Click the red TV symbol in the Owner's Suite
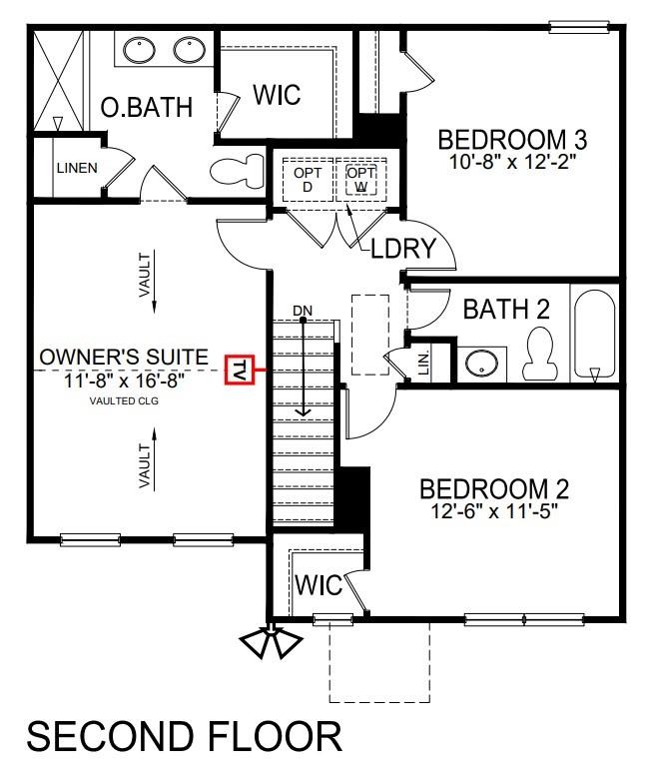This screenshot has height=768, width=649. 240,370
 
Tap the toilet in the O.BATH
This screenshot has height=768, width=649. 233,171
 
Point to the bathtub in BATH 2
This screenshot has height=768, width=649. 594,333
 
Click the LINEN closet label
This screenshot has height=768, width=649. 77,168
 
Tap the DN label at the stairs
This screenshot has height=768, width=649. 303,311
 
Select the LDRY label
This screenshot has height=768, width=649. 404,249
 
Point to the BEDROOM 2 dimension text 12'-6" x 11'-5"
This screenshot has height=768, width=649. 493,510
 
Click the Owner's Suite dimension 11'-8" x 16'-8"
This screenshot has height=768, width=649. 124,380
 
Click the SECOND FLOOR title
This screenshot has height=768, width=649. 184,737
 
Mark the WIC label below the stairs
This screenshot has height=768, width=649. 318,586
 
